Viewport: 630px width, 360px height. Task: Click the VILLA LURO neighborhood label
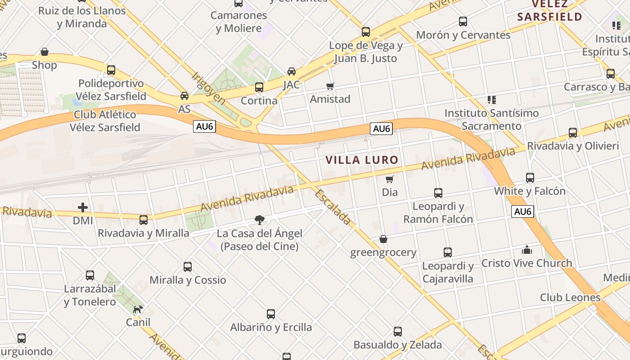362,160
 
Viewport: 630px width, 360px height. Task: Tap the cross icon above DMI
83,207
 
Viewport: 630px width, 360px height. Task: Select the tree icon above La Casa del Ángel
259,220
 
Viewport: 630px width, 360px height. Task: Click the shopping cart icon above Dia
390,179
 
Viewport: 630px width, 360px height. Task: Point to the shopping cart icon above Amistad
330,86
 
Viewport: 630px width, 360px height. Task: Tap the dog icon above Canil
138,309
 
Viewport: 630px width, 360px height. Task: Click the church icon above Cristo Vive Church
526,250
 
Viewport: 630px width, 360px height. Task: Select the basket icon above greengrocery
383,239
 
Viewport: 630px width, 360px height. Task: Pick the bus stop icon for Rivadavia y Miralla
144,220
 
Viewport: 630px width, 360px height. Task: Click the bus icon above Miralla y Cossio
188,267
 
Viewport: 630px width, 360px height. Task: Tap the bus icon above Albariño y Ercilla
270,314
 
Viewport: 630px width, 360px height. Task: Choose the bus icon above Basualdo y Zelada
397,332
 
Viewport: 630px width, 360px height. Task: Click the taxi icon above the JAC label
292,72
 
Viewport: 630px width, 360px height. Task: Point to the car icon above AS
184,96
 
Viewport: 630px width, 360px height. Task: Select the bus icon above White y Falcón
530,178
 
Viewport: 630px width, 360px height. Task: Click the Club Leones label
570,297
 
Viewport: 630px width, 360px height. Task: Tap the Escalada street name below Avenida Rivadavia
333,207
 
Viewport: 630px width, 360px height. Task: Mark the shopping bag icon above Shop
45,52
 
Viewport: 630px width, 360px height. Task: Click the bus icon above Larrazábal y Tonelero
90,275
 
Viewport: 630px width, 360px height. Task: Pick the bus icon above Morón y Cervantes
463,22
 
